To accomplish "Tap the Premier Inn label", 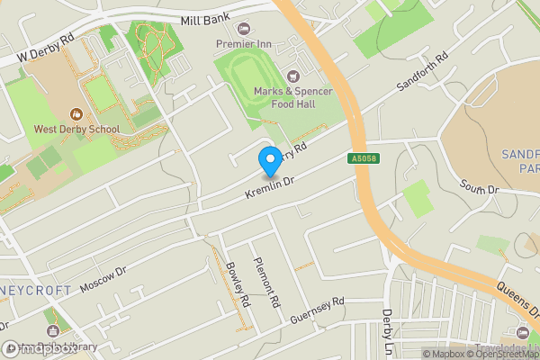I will pyautogui.click(x=243, y=43).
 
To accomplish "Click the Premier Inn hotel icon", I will pyautogui.click(x=244, y=28).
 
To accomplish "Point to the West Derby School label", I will pyautogui.click(x=76, y=130).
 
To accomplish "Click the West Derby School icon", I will pyautogui.click(x=76, y=113).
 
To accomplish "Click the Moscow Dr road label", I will pyautogui.click(x=104, y=280).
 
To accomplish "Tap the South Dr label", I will pyautogui.click(x=478, y=188).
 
